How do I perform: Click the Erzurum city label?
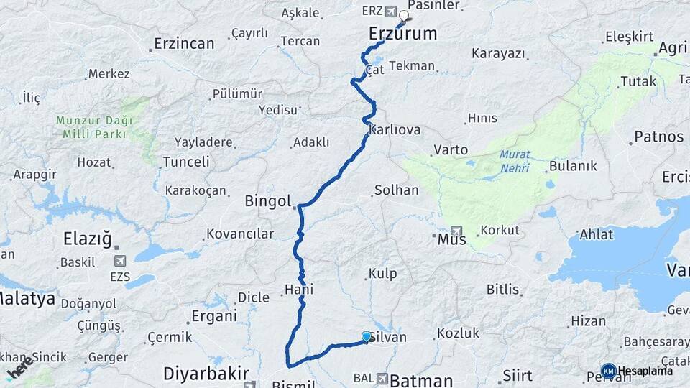(x=402, y=33)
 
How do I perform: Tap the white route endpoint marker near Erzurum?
(x=404, y=15)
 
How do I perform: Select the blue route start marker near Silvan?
(x=367, y=336)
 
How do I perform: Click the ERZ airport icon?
(x=390, y=11)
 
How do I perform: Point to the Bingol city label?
(x=268, y=200)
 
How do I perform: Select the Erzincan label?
(x=185, y=44)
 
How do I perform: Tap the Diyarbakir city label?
(x=206, y=373)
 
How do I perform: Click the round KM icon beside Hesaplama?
(x=608, y=371)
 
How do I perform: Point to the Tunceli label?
(x=186, y=162)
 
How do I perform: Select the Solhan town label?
(x=395, y=190)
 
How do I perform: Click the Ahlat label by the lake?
(x=597, y=234)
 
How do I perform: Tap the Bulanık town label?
(x=573, y=166)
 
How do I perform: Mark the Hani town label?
(x=300, y=289)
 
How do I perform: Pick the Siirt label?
(x=517, y=376)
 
